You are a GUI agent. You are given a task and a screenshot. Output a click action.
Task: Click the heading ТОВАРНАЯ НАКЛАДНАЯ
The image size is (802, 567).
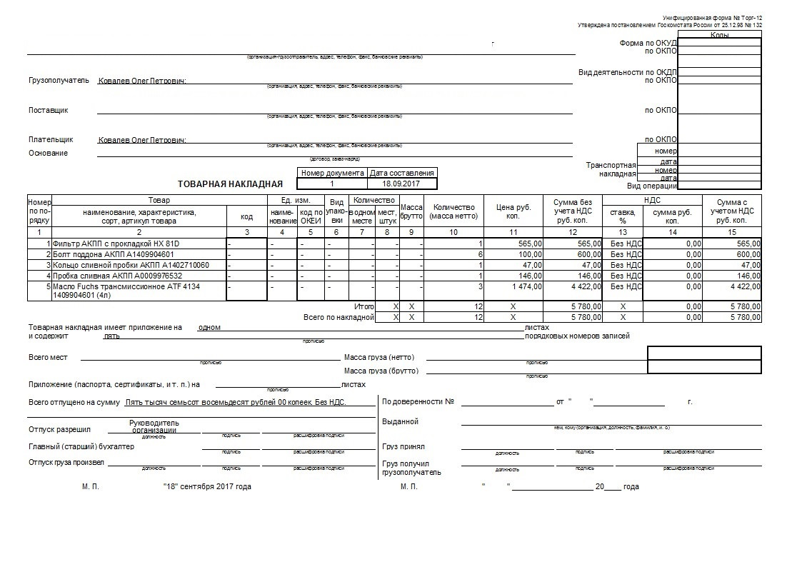pyautogui.click(x=226, y=184)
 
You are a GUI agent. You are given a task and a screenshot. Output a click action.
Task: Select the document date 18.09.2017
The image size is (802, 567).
pyautogui.click(x=402, y=184)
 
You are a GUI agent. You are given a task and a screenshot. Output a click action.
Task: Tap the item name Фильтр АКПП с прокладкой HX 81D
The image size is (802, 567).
pyautogui.click(x=114, y=244)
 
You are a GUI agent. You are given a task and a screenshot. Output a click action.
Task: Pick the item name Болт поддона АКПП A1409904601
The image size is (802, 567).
pyautogui.click(x=112, y=254)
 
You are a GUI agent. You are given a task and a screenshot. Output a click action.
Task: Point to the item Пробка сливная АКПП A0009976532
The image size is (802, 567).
pyautogui.click(x=117, y=276)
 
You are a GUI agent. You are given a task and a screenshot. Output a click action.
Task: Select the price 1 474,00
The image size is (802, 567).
pyautogui.click(x=527, y=286)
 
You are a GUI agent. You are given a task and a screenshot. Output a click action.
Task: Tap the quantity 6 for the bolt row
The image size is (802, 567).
pyautogui.click(x=481, y=254)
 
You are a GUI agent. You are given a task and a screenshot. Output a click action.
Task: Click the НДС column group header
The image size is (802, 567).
pyautogui.click(x=652, y=201)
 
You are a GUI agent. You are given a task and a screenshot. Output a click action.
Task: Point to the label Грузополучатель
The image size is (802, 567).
pyautogui.click(x=59, y=80)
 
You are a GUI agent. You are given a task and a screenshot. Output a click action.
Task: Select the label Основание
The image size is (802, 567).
pyautogui.click(x=48, y=153)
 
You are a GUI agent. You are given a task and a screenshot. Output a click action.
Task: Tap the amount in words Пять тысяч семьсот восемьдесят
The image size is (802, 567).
pyautogui.click(x=235, y=403)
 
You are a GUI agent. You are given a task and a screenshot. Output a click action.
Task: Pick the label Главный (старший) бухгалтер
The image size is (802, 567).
pyautogui.click(x=81, y=447)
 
